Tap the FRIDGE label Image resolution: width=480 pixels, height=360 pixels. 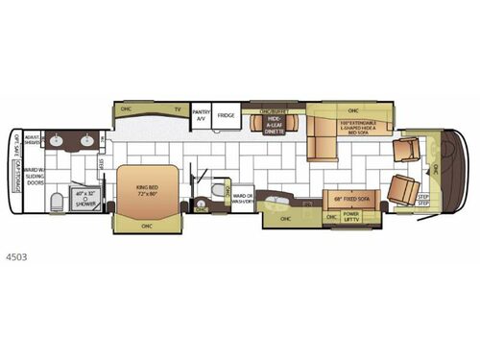point(227,115)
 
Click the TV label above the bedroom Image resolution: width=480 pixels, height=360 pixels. point(177,108)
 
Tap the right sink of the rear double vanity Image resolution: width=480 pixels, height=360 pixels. point(87,141)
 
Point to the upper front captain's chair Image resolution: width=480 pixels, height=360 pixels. point(404,149)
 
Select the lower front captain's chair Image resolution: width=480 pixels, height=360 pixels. point(404,189)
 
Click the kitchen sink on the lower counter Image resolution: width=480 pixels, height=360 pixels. point(277,203)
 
